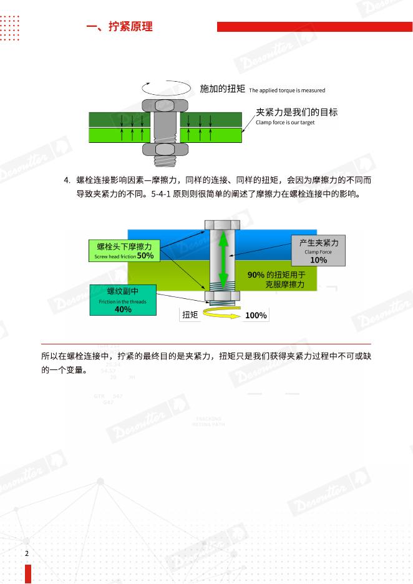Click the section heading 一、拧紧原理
click(119, 27)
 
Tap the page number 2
click(27, 553)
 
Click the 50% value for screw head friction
click(145, 256)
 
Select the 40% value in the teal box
click(123, 309)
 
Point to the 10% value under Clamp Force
click(318, 260)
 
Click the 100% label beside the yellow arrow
click(256, 316)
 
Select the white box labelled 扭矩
click(190, 315)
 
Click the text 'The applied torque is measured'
click(287, 90)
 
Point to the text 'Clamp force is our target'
click(285, 122)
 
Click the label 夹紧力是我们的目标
click(297, 112)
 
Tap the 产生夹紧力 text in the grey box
click(318, 243)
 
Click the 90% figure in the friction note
click(256, 275)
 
